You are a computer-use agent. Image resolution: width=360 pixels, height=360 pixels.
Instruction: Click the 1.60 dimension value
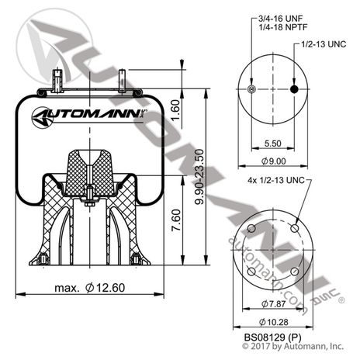pos(176,112)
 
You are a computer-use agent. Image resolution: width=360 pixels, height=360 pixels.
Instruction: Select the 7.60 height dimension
pos(176,224)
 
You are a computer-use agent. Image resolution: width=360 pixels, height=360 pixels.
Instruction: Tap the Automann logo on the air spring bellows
pos(89,119)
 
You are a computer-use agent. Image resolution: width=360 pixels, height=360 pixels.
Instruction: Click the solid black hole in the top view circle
pos(293,92)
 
